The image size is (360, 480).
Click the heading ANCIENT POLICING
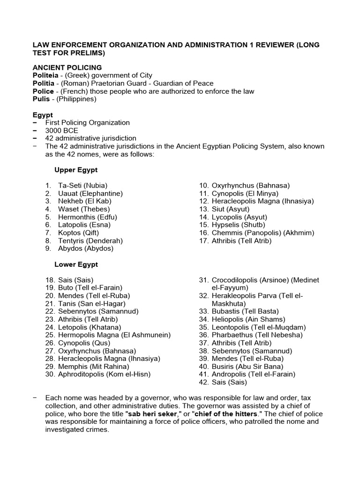67,67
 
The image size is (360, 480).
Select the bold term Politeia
45,75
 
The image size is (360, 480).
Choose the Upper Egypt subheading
76,170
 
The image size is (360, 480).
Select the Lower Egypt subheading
76,264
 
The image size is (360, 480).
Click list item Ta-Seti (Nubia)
82,186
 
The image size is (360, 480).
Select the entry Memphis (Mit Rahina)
93,367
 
